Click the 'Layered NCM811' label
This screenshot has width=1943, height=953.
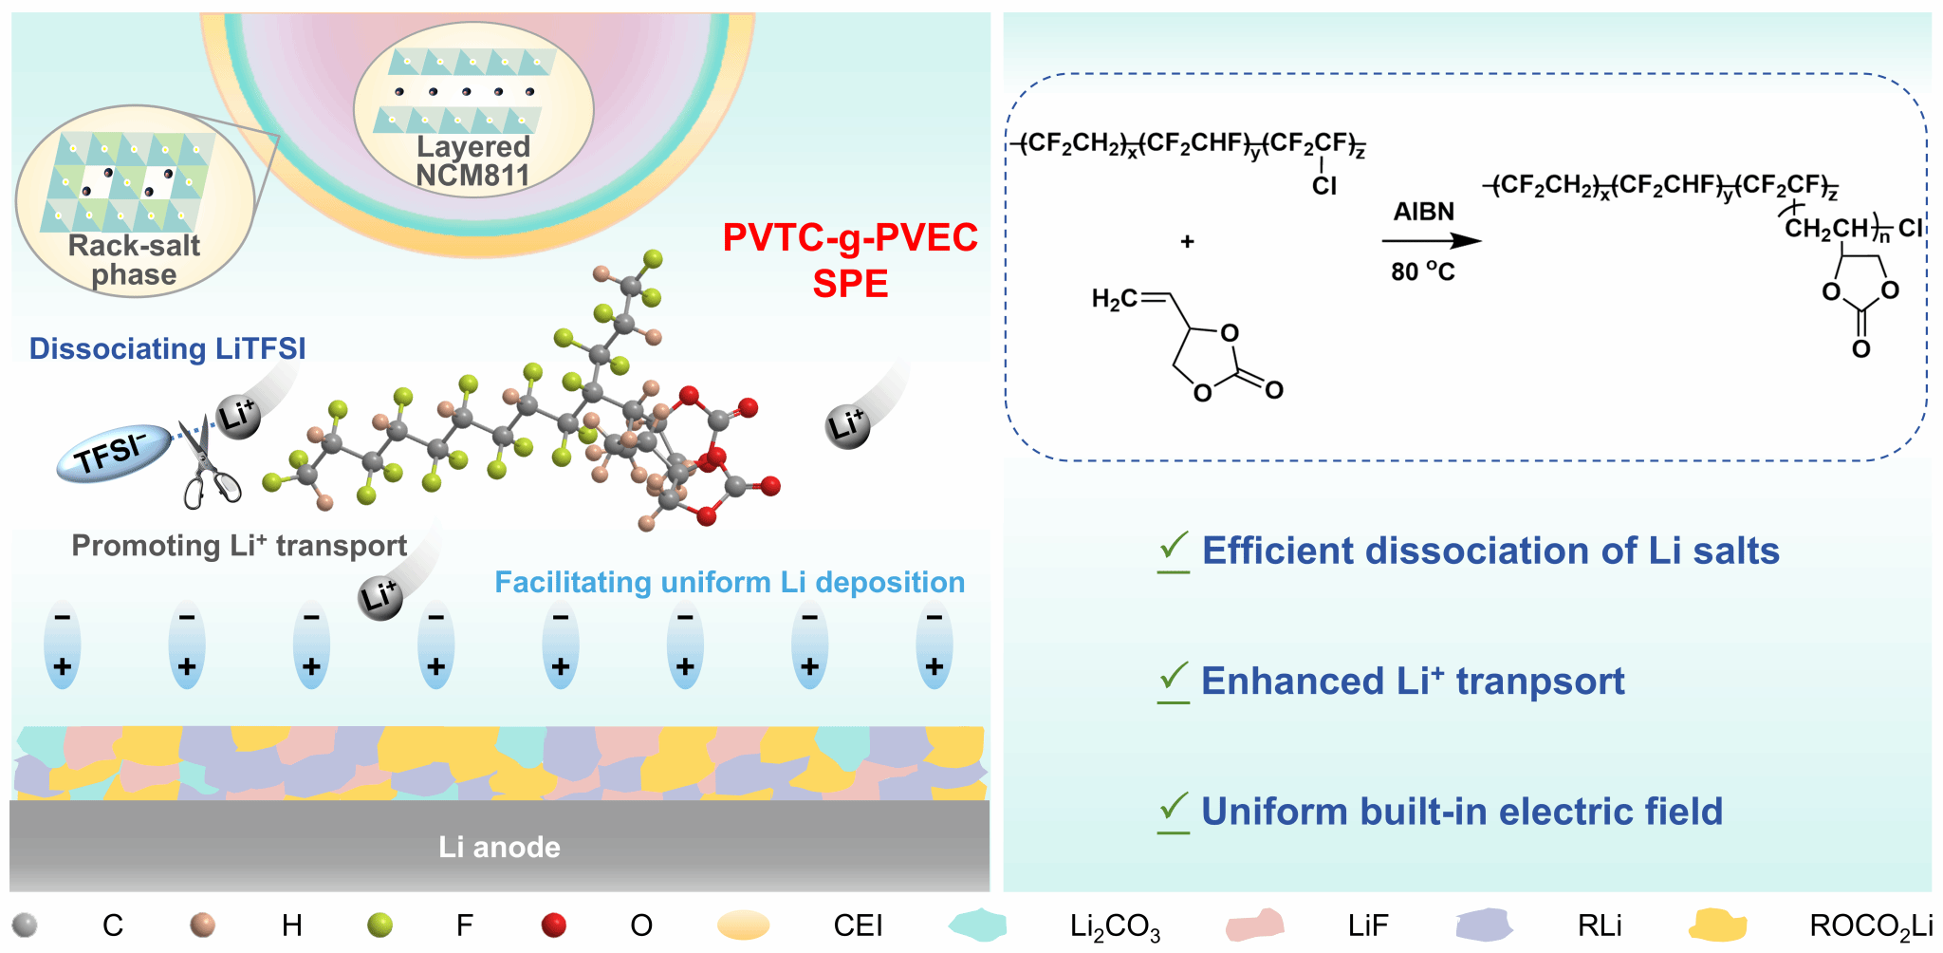pos(473,160)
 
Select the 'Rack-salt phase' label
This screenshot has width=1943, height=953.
pos(134,259)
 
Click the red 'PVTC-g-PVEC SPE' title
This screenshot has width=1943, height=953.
pos(850,259)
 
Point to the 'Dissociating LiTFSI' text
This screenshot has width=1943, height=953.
pos(167,348)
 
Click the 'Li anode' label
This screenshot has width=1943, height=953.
pos(499,847)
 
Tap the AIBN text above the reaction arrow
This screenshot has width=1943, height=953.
pos(1423,212)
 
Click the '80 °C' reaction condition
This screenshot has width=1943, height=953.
pos(1422,271)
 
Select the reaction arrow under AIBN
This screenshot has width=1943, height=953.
pos(1431,241)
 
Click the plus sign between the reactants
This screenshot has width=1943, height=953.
pos(1187,242)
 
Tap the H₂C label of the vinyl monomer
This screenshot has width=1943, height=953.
pos(1114,299)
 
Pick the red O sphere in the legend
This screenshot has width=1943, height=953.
pos(553,925)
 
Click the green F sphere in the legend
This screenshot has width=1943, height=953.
pos(379,925)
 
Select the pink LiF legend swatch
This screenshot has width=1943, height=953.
pos(1254,925)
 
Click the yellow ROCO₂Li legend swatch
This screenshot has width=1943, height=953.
pos(1717,925)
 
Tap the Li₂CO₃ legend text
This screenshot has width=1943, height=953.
pos(1115,926)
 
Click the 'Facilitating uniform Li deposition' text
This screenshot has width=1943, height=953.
pos(730,582)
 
